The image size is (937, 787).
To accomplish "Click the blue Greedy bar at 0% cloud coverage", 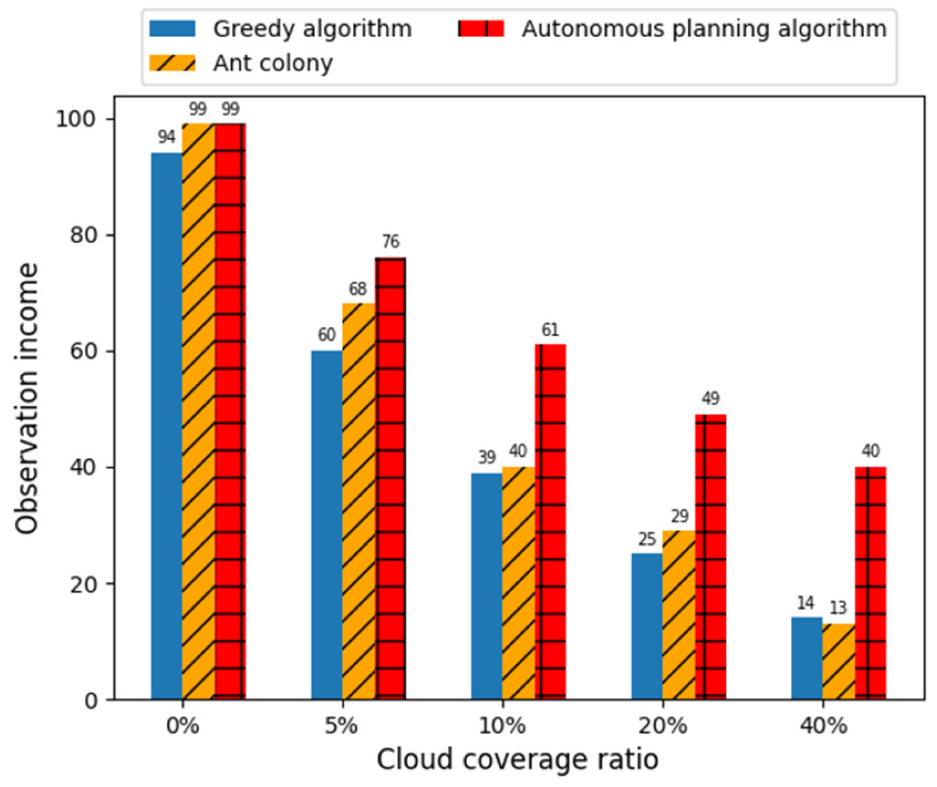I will click(x=166, y=426).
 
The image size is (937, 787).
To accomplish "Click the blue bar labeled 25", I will click(x=647, y=626).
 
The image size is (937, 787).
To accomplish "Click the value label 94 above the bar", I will click(x=166, y=137).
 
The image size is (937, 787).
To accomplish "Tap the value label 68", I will click(x=358, y=289).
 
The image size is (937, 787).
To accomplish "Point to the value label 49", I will click(x=711, y=399).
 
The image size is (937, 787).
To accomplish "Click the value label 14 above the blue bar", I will click(x=805, y=603).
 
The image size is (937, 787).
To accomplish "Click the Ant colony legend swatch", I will click(x=172, y=62).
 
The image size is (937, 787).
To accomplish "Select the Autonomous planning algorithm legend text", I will click(x=703, y=28).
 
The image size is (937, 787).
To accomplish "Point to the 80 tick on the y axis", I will click(x=84, y=235).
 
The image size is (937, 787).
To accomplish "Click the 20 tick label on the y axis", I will click(x=84, y=584).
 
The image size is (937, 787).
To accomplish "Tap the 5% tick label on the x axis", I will click(x=342, y=726).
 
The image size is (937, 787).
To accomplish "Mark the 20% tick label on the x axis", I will click(x=662, y=726).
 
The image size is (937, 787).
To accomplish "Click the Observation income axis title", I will click(x=27, y=399).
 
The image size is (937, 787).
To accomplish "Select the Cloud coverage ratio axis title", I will click(x=518, y=759).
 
